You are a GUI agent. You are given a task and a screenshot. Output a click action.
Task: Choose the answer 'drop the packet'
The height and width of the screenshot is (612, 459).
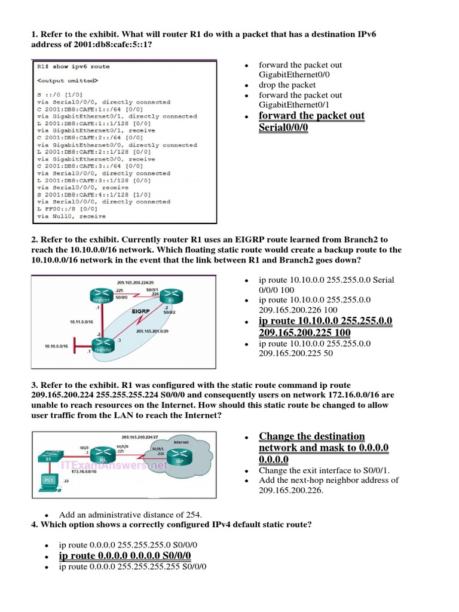pos(287,85)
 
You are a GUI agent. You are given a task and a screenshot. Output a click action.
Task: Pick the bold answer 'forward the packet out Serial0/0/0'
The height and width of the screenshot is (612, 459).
pos(311,121)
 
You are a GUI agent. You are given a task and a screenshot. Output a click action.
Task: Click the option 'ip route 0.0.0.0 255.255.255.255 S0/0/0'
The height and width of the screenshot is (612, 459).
pos(132,566)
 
